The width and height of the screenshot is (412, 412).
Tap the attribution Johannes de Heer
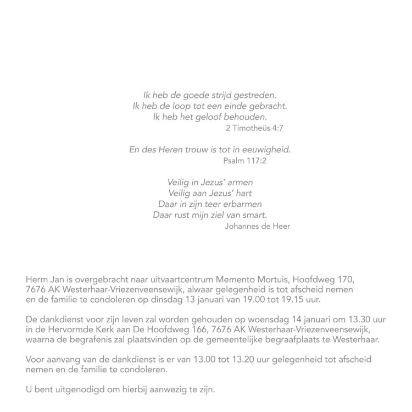pos(257,226)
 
